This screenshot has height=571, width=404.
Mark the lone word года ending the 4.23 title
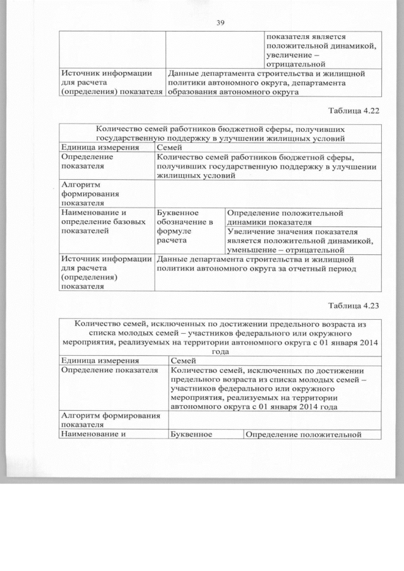(x=220, y=352)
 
